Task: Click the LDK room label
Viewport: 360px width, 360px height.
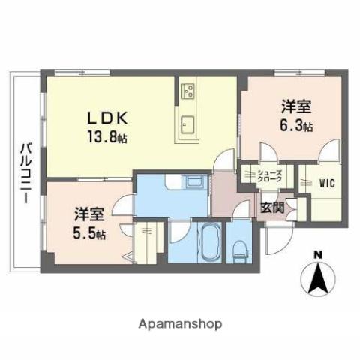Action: pos(111,119)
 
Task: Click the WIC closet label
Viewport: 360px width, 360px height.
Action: pos(326,182)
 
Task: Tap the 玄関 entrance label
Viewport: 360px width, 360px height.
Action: pos(271,208)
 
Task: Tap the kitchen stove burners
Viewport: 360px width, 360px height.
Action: pos(187,92)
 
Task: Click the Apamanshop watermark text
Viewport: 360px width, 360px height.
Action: pos(180,324)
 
